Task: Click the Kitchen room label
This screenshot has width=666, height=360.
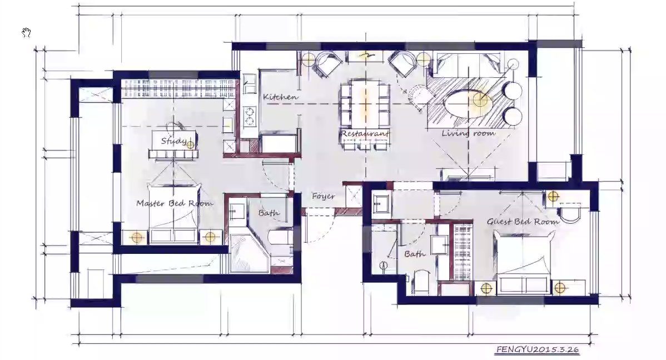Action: coord(280,97)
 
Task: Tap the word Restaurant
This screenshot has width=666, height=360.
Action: coord(365,133)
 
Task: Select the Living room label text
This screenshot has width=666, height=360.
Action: coord(468,133)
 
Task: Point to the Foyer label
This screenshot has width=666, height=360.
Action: coord(323,196)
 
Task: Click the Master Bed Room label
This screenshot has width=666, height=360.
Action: coord(175,203)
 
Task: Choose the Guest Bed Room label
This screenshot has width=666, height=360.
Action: coord(523,221)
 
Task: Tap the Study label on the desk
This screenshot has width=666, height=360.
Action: coord(173,141)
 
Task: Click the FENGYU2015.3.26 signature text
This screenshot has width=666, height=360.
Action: coord(538,349)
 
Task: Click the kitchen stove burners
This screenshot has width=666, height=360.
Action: coord(249,117)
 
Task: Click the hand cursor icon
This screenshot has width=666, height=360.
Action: coord(26,33)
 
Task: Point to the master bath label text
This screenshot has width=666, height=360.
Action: coord(269,212)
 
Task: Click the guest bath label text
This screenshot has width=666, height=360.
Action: coord(415,254)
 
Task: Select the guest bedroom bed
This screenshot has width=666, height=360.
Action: coord(525,262)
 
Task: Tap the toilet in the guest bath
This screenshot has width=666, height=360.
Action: coord(422,282)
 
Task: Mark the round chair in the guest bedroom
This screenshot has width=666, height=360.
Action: coord(569,212)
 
